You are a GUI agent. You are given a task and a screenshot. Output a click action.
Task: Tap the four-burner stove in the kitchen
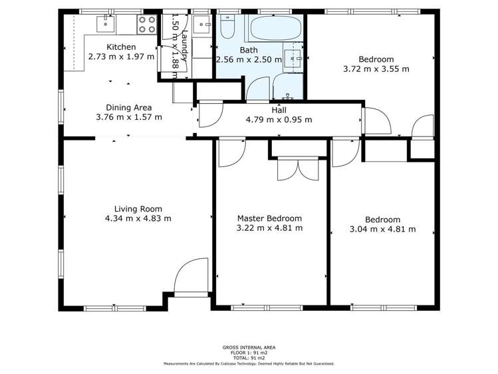coord(146,25)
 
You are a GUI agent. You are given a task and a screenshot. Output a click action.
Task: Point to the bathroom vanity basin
coord(292,57)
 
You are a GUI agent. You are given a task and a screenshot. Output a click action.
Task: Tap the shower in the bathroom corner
coord(287,87)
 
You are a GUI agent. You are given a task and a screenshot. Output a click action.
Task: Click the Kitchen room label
coord(121,47)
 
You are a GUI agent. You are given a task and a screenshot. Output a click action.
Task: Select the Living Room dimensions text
coord(138,218)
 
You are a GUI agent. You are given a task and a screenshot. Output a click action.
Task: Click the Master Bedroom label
coord(269,218)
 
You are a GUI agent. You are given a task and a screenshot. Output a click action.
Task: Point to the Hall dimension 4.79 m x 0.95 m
coord(279,120)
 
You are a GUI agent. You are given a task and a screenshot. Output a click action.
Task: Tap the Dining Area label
coord(129,107)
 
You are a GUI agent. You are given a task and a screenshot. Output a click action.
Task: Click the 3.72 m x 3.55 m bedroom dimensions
coord(376,69)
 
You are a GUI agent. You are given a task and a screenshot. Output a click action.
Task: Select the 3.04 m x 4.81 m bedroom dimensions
coord(382,230)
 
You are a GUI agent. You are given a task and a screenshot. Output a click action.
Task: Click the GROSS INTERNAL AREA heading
coord(249,347)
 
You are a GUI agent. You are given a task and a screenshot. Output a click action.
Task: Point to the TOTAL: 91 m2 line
coord(249,358)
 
